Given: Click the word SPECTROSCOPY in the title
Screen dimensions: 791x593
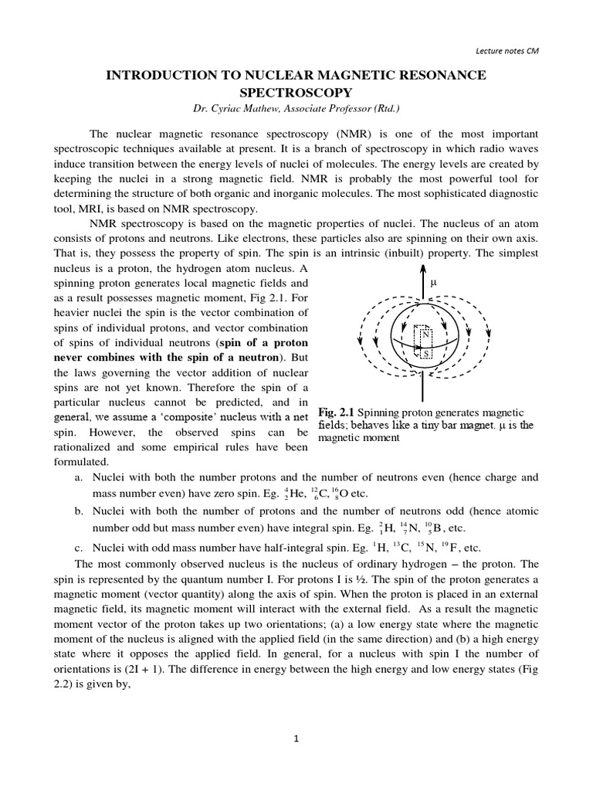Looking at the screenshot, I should (296, 93).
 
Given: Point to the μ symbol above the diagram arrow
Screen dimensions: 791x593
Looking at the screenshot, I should (434, 282).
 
